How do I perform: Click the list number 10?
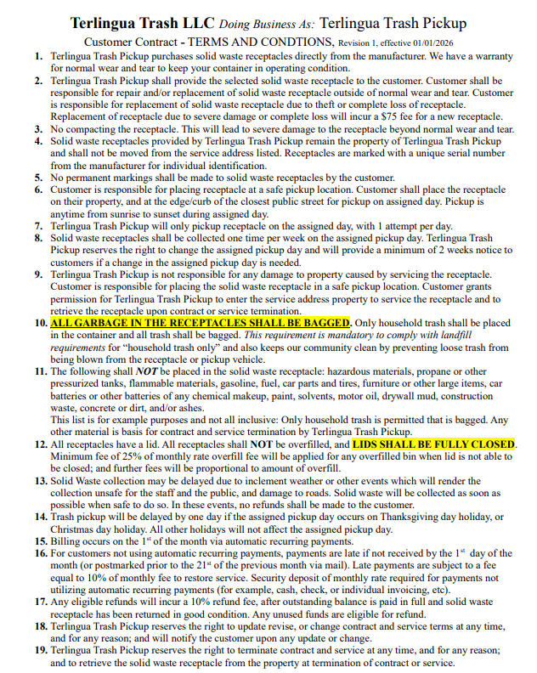(41, 324)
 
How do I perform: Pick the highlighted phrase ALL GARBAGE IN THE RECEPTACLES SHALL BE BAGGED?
(201, 324)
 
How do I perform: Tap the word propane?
(449, 371)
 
